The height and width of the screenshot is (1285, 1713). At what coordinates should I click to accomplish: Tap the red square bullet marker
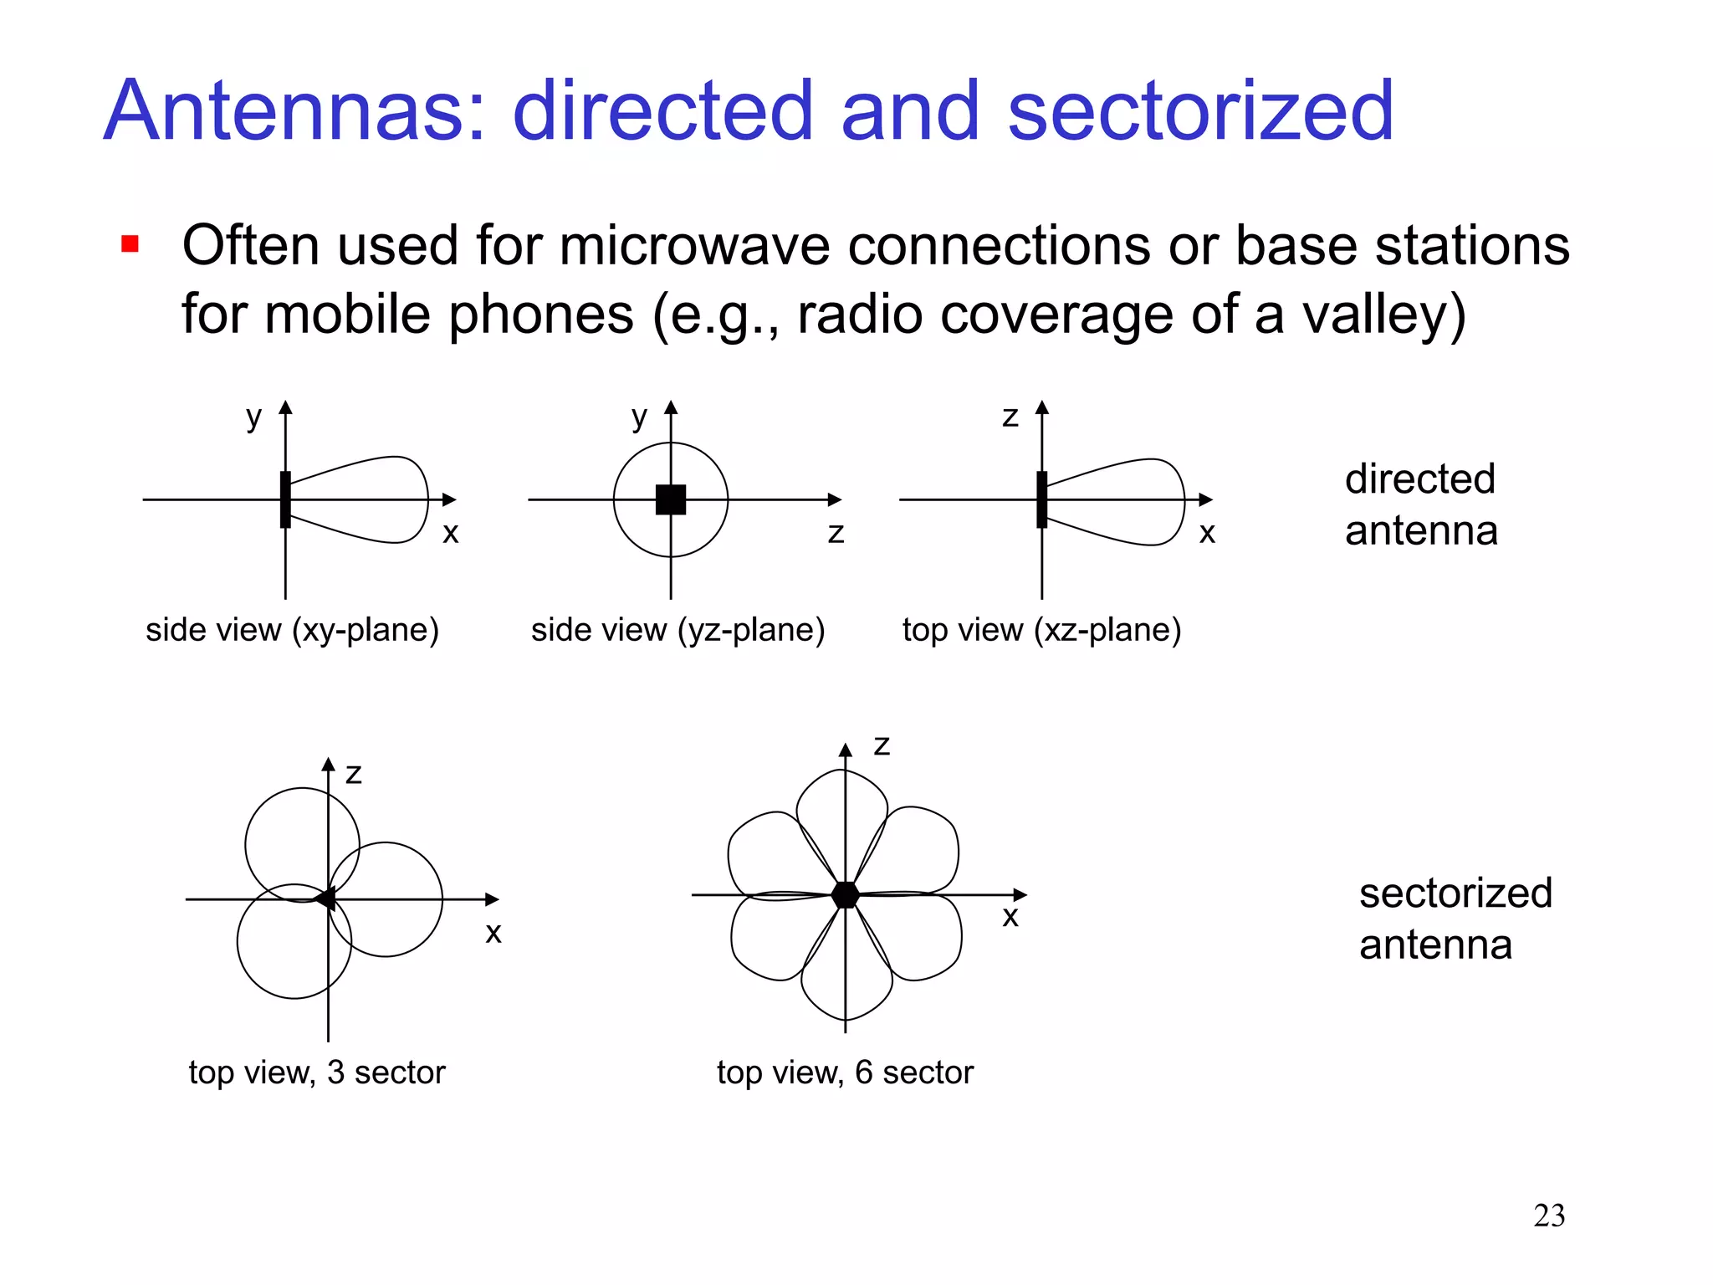[x=130, y=243]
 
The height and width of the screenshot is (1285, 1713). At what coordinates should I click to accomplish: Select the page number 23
[x=1549, y=1216]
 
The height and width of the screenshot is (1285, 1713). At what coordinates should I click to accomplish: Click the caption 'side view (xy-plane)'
[x=292, y=630]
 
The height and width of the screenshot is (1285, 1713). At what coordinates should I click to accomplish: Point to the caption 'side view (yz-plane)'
[x=678, y=630]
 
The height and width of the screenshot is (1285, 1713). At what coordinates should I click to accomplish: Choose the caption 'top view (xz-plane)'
[x=1041, y=630]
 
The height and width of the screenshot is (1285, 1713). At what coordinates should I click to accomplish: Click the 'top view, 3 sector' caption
[x=317, y=1073]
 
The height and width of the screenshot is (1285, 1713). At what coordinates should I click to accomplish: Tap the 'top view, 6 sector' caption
[x=845, y=1073]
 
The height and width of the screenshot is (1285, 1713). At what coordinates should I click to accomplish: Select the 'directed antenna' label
[x=1421, y=504]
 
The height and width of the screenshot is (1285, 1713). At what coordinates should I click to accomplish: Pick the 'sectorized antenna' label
[x=1455, y=919]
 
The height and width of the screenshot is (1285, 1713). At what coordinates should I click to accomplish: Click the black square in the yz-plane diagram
[x=671, y=499]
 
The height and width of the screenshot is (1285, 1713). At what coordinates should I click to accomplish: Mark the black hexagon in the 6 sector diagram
[x=846, y=894]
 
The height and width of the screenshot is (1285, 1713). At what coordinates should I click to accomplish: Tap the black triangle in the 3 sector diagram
[x=325, y=899]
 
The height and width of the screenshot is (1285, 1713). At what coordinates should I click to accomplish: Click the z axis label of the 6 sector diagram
[x=882, y=745]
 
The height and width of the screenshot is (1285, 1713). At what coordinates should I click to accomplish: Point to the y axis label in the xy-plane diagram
[x=253, y=417]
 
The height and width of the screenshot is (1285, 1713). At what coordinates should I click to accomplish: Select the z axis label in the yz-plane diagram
[x=836, y=533]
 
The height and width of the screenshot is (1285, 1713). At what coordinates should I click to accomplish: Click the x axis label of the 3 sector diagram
[x=493, y=933]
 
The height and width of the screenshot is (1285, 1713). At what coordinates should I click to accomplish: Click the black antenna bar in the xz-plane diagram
[x=1041, y=499]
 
